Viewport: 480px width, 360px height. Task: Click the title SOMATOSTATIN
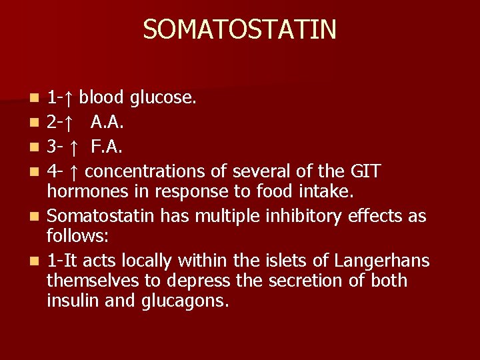(x=239, y=29)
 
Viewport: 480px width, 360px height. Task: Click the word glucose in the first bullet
(x=163, y=99)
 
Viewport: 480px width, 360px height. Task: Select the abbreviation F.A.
(x=106, y=147)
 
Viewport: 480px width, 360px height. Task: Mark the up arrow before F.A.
(x=75, y=147)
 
